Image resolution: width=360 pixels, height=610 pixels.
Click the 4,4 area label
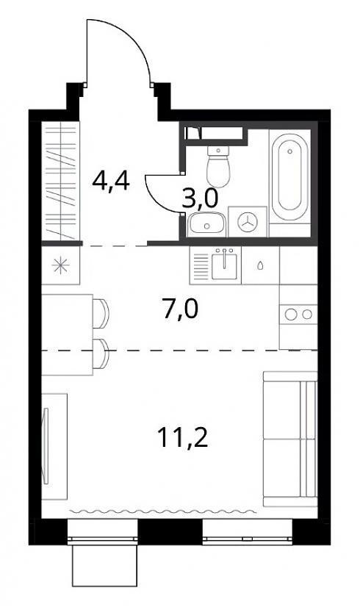click(111, 182)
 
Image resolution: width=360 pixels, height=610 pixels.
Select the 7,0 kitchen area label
click(180, 309)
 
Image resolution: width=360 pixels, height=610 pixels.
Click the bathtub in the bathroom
click(289, 177)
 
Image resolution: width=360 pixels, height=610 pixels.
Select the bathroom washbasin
click(206, 224)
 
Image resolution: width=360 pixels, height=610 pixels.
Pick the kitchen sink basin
click(224, 266)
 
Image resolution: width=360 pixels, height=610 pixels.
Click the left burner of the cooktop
click(291, 315)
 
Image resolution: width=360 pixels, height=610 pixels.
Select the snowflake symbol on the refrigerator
click(62, 266)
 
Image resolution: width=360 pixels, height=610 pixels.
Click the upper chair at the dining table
click(101, 314)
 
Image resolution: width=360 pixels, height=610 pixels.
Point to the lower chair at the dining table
click(101, 354)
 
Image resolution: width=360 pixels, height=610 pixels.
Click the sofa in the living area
click(290, 439)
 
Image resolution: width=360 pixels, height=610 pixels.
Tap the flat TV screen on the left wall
click(46, 446)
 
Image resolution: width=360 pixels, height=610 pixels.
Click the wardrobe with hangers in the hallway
click(61, 181)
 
